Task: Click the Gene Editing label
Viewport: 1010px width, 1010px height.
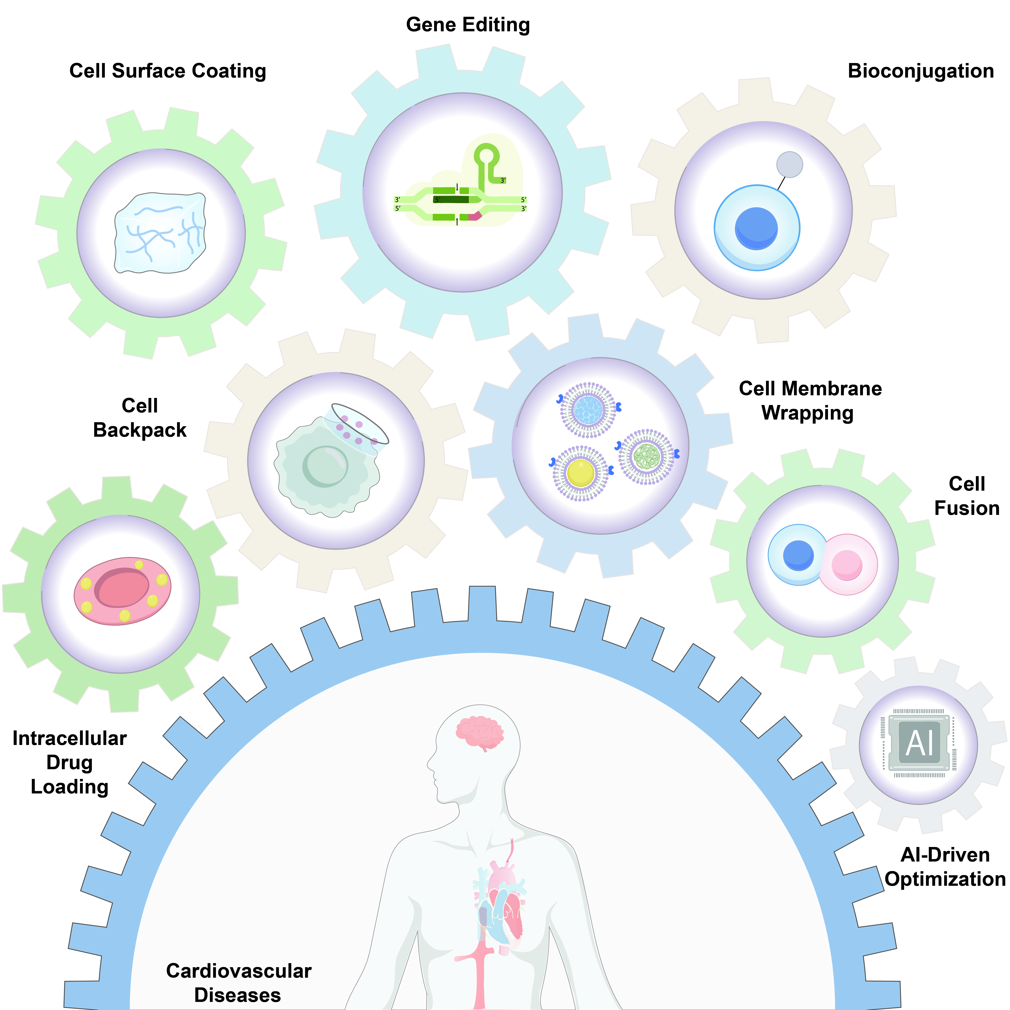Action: coord(468,25)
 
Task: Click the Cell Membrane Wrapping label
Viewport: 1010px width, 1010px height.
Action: coord(810,400)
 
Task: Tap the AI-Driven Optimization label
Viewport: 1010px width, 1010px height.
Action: coord(945,867)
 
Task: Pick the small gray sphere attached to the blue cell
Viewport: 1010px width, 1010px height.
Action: coord(789,165)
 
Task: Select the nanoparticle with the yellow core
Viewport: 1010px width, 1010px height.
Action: coord(580,473)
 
